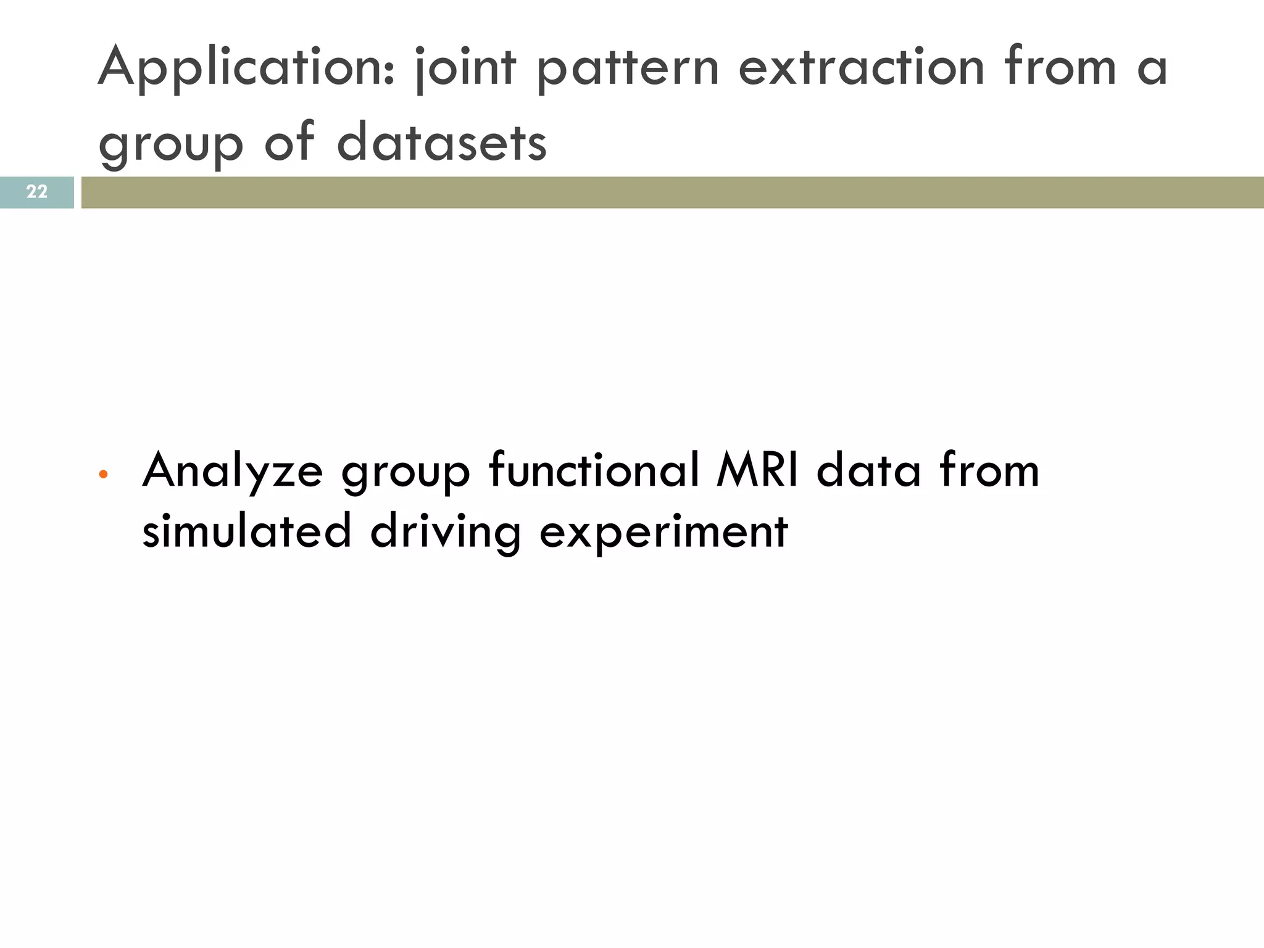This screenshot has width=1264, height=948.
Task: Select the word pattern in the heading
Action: coord(628,69)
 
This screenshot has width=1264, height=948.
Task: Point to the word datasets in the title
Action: coord(441,142)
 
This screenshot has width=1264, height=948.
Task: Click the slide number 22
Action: coord(36,192)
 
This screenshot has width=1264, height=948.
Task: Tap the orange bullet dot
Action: coord(103,475)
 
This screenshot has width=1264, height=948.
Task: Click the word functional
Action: coord(594,470)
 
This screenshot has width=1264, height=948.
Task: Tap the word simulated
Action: coord(246,531)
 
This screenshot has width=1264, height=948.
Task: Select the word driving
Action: coord(445,532)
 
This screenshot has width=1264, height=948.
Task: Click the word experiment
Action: coord(663,532)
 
